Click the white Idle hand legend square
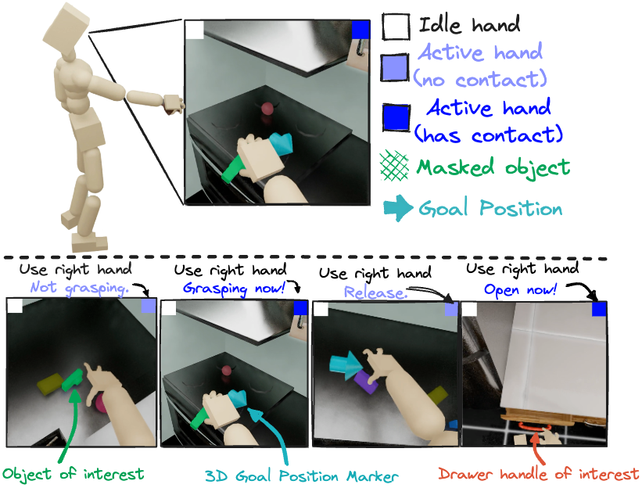point(396,27)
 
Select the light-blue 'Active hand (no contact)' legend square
point(395,67)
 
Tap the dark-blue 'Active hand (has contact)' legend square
point(396,118)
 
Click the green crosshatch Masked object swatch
point(394,167)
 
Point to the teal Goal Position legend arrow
point(397,208)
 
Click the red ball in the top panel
point(267,109)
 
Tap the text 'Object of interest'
point(73,475)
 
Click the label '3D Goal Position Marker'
point(301,476)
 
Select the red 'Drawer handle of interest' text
point(538,474)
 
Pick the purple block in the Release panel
point(367,382)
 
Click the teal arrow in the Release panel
point(345,364)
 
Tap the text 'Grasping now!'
point(234,289)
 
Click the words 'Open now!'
point(520,290)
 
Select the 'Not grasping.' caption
point(80,289)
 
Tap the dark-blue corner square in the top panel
point(360,30)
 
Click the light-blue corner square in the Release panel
point(451,309)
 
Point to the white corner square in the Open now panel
point(469,309)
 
